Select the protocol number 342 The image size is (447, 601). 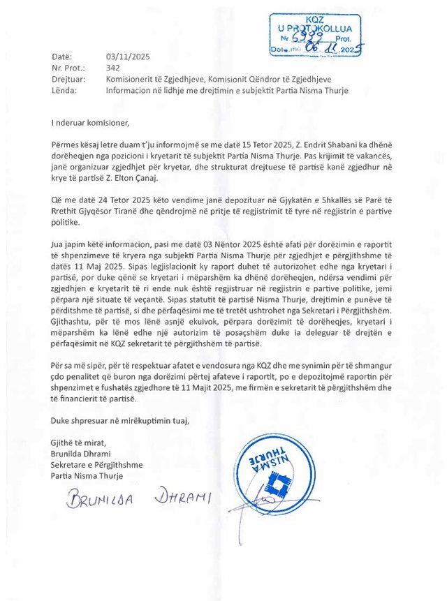pos(113,68)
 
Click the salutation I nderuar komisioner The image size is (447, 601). pos(90,124)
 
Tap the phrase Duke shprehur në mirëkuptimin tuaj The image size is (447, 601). pos(119,421)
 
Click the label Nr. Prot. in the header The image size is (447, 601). pos(68,68)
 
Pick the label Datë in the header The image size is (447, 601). pos(61,57)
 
